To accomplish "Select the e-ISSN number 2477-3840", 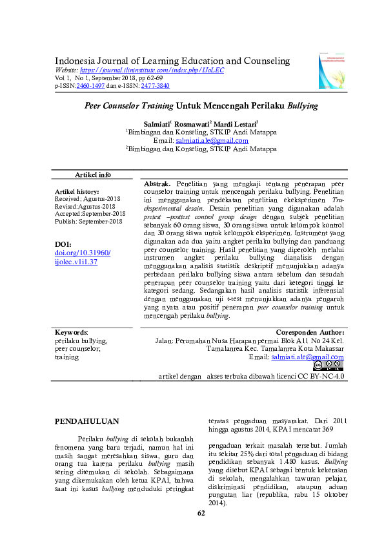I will (x=156, y=85).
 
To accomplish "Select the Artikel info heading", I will (x=93, y=175).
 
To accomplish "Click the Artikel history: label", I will (x=77, y=192).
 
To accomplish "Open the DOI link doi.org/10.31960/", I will (x=83, y=253).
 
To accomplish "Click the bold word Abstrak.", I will (x=157, y=184).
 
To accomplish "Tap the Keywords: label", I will (x=72, y=332).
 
